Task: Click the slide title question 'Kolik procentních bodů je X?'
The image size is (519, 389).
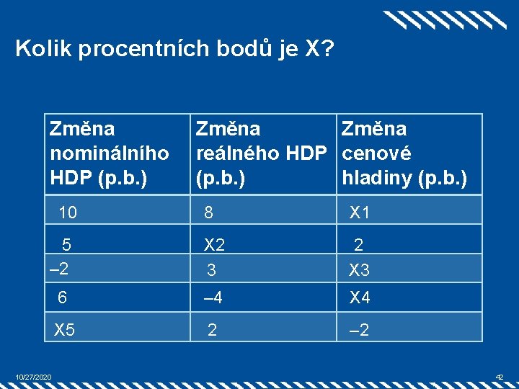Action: tap(174, 49)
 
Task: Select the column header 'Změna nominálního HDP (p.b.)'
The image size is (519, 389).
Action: tap(109, 153)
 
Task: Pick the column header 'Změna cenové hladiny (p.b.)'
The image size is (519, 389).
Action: tap(404, 153)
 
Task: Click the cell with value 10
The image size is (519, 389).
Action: tap(68, 213)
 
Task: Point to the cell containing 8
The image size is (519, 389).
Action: tap(208, 213)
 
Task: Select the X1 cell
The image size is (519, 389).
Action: tap(360, 213)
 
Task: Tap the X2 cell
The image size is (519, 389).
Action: tap(215, 245)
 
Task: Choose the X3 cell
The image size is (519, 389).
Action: tap(360, 271)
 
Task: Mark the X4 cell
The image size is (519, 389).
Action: tap(360, 298)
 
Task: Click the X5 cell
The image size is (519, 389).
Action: tap(65, 330)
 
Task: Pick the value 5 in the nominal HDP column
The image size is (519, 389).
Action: tap(66, 243)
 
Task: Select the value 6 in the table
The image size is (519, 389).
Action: tap(63, 298)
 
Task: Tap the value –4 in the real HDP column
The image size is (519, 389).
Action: tap(214, 298)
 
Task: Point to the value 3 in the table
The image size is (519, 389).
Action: tap(211, 271)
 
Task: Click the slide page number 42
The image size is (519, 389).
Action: tap(500, 377)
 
